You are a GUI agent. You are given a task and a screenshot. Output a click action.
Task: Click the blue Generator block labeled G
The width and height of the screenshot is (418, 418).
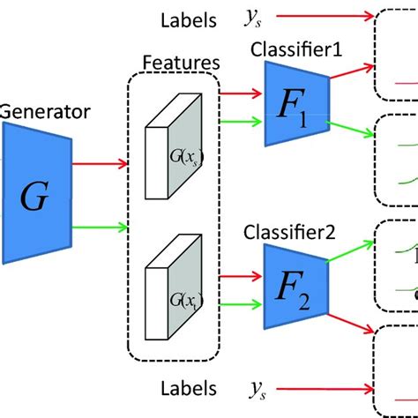[34, 194]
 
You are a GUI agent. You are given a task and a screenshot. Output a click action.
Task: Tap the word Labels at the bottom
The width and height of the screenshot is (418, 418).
[187, 388]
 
